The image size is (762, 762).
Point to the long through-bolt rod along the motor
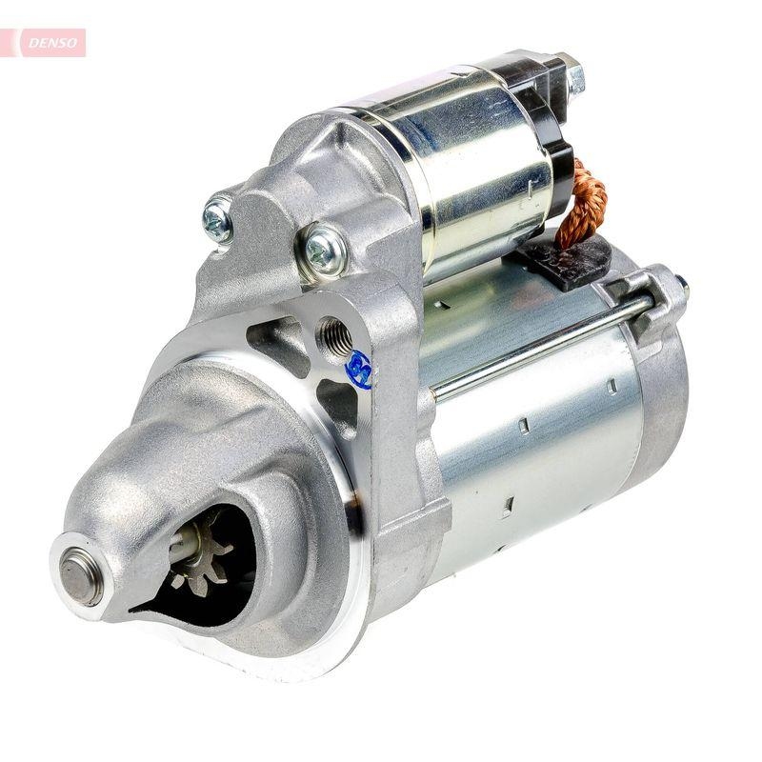point(533,348)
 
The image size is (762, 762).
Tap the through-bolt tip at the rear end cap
point(680,283)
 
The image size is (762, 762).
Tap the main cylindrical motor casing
point(533,448)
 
